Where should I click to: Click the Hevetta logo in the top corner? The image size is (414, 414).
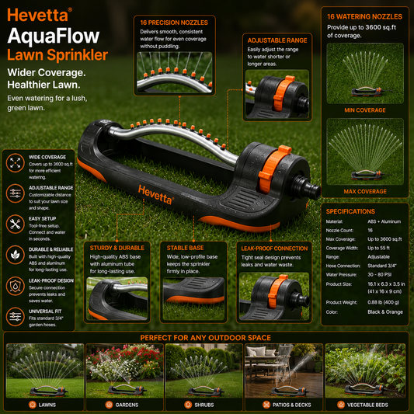click(x=40, y=15)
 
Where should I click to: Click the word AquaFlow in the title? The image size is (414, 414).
click(x=54, y=36)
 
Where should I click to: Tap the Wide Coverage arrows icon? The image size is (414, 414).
click(x=16, y=162)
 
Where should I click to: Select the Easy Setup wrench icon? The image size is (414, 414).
click(x=16, y=224)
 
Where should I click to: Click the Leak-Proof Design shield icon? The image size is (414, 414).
click(x=16, y=286)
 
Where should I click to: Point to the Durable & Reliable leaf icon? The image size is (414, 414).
click(x=16, y=255)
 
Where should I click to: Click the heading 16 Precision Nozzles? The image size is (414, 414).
click(x=174, y=23)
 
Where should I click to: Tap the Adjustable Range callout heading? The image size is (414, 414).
click(x=277, y=40)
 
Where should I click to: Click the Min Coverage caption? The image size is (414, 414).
click(x=365, y=110)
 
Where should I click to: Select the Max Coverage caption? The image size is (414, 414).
click(x=365, y=191)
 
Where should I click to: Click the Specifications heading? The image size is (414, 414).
click(x=350, y=211)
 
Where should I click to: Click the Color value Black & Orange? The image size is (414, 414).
click(x=385, y=312)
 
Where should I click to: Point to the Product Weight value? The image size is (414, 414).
click(x=383, y=302)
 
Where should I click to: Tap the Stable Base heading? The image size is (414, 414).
click(x=185, y=248)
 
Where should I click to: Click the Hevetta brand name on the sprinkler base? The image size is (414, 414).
click(x=156, y=195)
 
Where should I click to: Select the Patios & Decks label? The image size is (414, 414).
click(x=291, y=405)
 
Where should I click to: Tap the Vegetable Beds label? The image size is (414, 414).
click(x=367, y=405)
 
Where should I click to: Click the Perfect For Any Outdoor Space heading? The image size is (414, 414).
click(x=205, y=338)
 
